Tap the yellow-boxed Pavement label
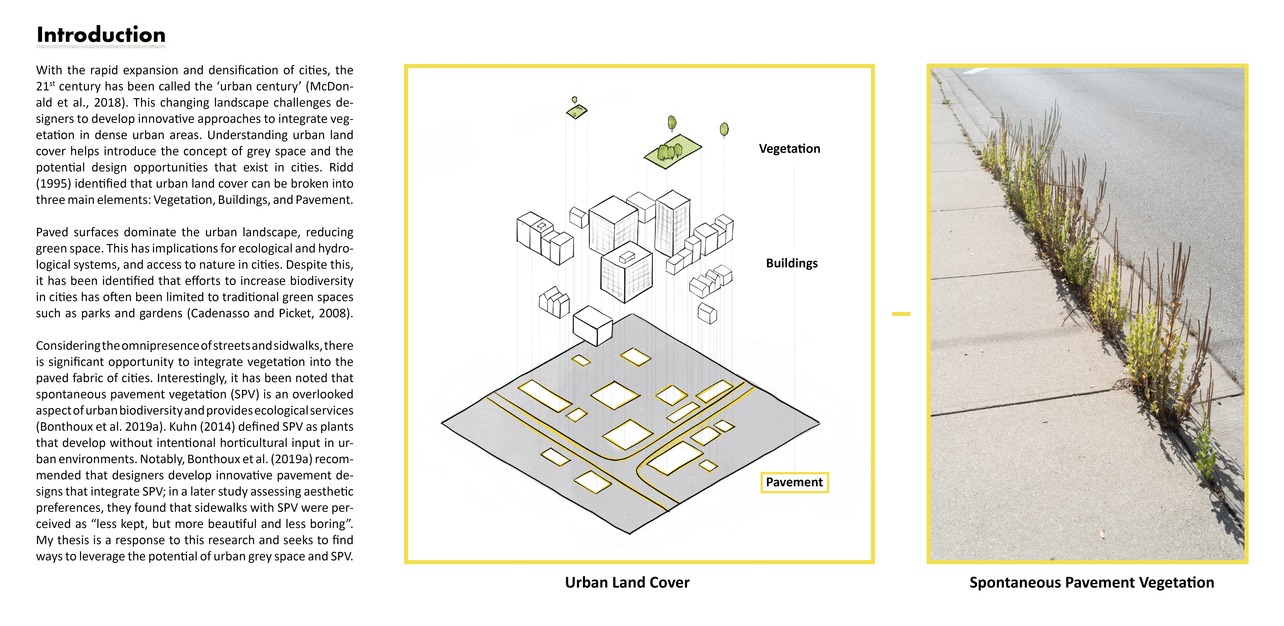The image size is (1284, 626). [x=794, y=482]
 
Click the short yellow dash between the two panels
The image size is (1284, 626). [x=901, y=314]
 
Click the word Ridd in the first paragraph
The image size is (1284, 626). [x=341, y=167]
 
